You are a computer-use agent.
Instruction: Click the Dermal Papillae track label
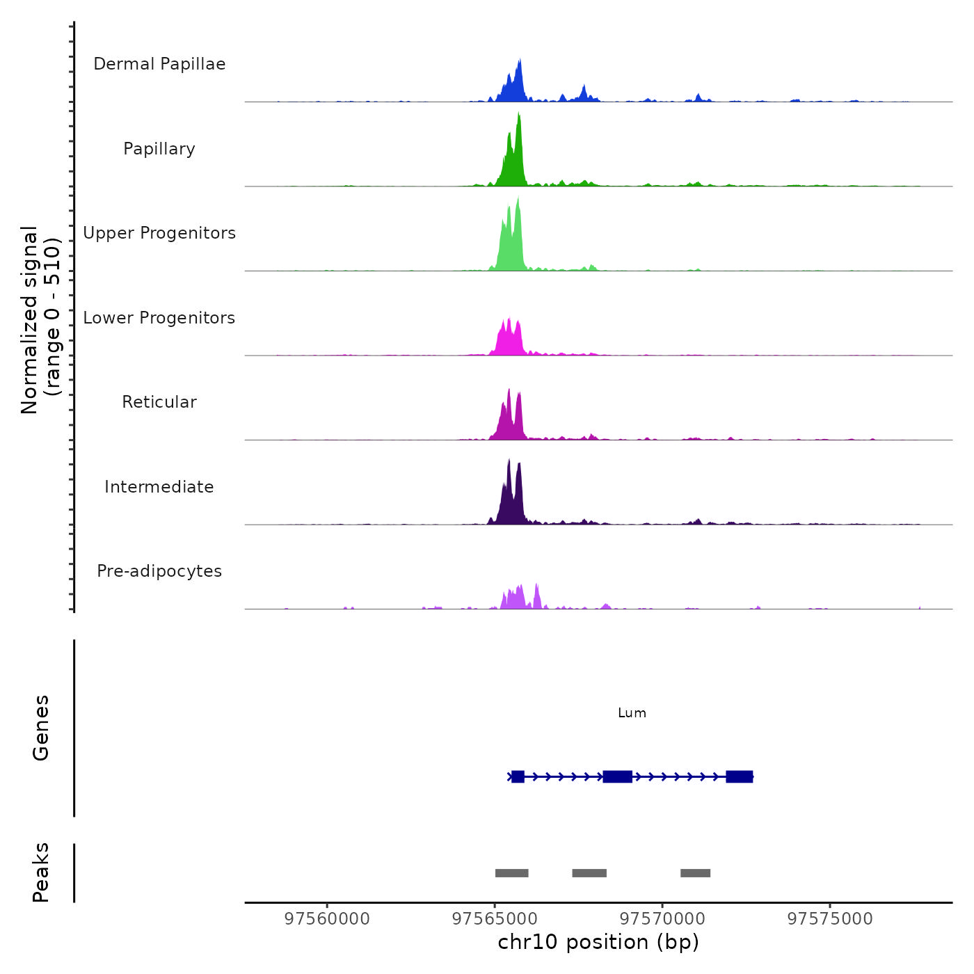(159, 64)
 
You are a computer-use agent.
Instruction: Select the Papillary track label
(159, 149)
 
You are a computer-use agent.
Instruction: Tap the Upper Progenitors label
(159, 233)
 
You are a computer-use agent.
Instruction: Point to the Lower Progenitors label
(159, 318)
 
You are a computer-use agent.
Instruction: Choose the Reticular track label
(159, 402)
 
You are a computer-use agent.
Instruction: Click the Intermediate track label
(159, 487)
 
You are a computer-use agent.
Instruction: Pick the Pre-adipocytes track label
(159, 571)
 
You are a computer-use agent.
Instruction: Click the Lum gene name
(632, 713)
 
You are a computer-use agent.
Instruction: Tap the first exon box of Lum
(518, 776)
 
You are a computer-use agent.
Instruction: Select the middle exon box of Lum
(617, 776)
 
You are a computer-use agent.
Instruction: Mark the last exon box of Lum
(739, 776)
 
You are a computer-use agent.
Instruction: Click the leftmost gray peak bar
(511, 873)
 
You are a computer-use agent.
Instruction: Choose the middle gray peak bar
(589, 873)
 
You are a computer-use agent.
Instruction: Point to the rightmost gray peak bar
(695, 873)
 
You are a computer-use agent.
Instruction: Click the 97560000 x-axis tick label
(327, 919)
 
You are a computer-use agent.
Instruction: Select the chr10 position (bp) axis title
(598, 942)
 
